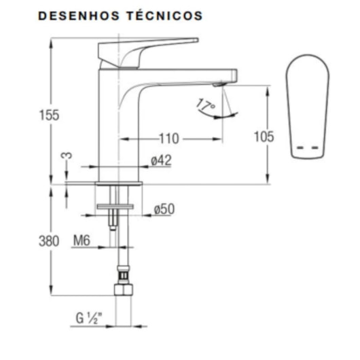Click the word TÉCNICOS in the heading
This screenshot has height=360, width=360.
[x=164, y=16]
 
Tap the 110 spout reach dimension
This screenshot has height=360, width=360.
[x=169, y=139]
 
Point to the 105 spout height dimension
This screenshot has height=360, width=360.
[x=264, y=137]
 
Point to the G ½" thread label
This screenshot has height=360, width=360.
[x=90, y=317]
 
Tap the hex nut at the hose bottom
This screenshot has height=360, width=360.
[x=122, y=290]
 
